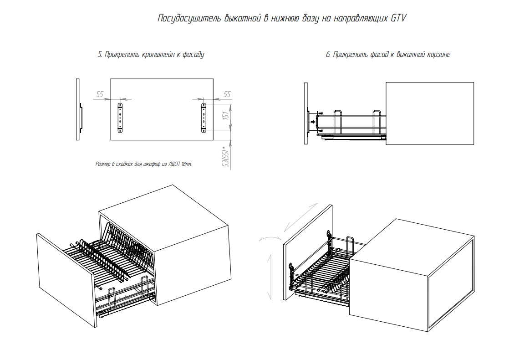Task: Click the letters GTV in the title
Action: click(398, 19)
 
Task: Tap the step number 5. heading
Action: click(100, 55)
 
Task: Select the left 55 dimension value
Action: click(100, 94)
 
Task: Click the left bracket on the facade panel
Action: click(121, 118)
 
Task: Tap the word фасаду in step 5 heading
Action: click(193, 55)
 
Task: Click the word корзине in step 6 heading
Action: click(438, 55)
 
